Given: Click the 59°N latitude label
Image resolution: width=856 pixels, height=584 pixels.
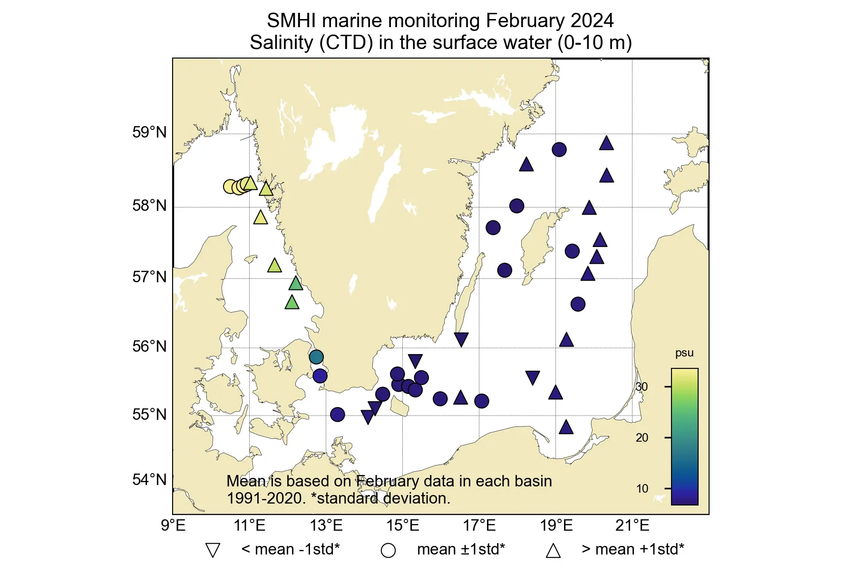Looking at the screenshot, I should [149, 132].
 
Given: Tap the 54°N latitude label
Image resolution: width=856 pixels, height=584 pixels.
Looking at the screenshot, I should [149, 480].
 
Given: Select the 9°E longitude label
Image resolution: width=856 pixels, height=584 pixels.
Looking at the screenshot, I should [173, 525].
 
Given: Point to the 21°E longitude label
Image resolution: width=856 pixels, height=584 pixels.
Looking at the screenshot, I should [632, 525].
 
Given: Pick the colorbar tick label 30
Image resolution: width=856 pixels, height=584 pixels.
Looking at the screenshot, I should [642, 386].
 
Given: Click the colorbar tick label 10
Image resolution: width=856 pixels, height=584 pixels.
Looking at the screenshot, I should [642, 488].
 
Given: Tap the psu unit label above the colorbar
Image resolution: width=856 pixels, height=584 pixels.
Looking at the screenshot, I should [684, 353].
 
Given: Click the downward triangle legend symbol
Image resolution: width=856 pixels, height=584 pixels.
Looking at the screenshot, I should [213, 550].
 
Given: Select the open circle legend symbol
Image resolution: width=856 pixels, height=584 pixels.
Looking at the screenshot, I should [388, 551].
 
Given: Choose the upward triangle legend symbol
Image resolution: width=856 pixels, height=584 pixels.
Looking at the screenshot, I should [553, 550].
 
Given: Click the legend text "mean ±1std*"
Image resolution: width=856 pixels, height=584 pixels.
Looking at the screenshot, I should [460, 549].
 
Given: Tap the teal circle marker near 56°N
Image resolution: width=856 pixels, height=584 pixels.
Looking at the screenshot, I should [316, 356].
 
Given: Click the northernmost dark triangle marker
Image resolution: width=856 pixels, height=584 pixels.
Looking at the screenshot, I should [606, 143].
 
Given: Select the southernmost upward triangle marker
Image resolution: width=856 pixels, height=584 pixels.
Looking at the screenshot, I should [566, 427].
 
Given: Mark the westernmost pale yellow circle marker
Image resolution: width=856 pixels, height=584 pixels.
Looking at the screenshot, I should [230, 187].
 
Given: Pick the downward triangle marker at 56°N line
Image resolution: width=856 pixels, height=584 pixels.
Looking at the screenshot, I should [461, 339].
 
